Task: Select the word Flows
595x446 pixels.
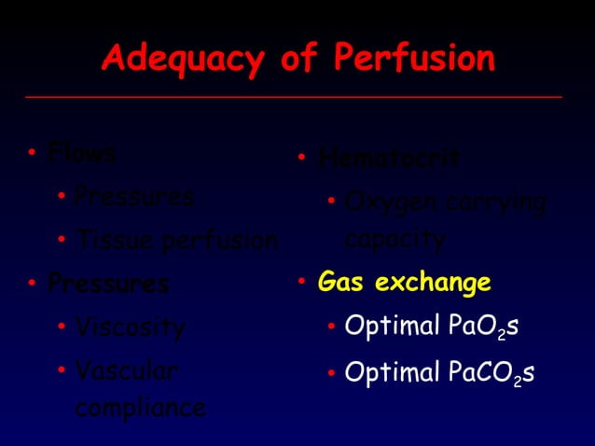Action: point(82,152)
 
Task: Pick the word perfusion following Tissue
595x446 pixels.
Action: point(220,243)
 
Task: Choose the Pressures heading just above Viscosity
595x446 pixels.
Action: point(108,283)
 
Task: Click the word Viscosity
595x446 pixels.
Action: point(131,328)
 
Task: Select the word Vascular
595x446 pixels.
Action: point(126,371)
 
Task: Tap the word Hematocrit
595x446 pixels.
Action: point(389,159)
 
